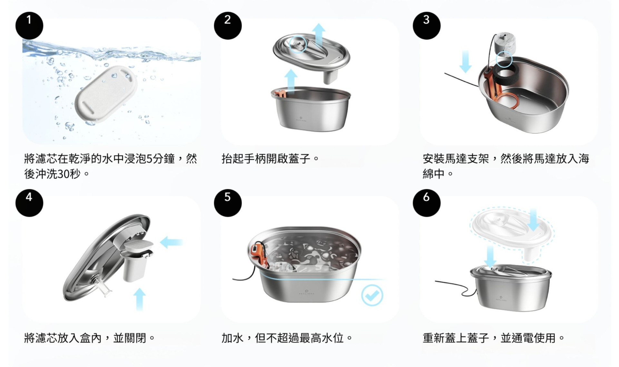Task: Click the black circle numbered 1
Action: pyautogui.click(x=29, y=25)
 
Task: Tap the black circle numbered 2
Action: pyautogui.click(x=228, y=25)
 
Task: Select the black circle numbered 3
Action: pyautogui.click(x=427, y=25)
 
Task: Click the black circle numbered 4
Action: pyautogui.click(x=29, y=203)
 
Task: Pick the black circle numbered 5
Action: pyautogui.click(x=228, y=203)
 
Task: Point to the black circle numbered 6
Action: pyautogui.click(x=427, y=203)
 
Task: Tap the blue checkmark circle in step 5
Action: pyautogui.click(x=372, y=295)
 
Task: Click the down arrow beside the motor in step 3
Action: pyautogui.click(x=465, y=61)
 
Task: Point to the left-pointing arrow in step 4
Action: pyautogui.click(x=171, y=242)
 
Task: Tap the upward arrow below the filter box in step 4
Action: pyautogui.click(x=139, y=299)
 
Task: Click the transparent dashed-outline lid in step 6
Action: pyautogui.click(x=512, y=232)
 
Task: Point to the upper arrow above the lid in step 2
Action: pyautogui.click(x=319, y=35)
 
